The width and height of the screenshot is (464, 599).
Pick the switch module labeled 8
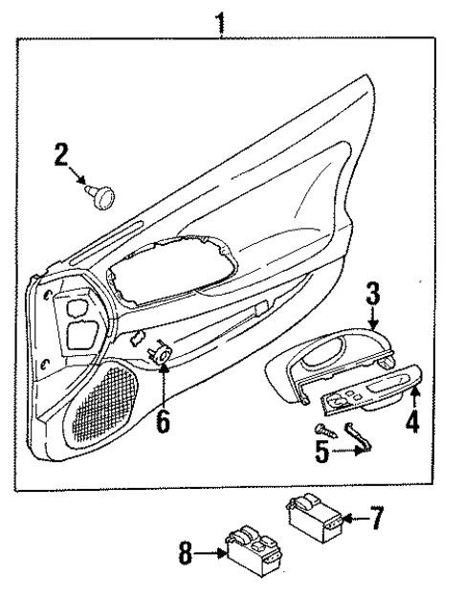pos(251,553)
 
